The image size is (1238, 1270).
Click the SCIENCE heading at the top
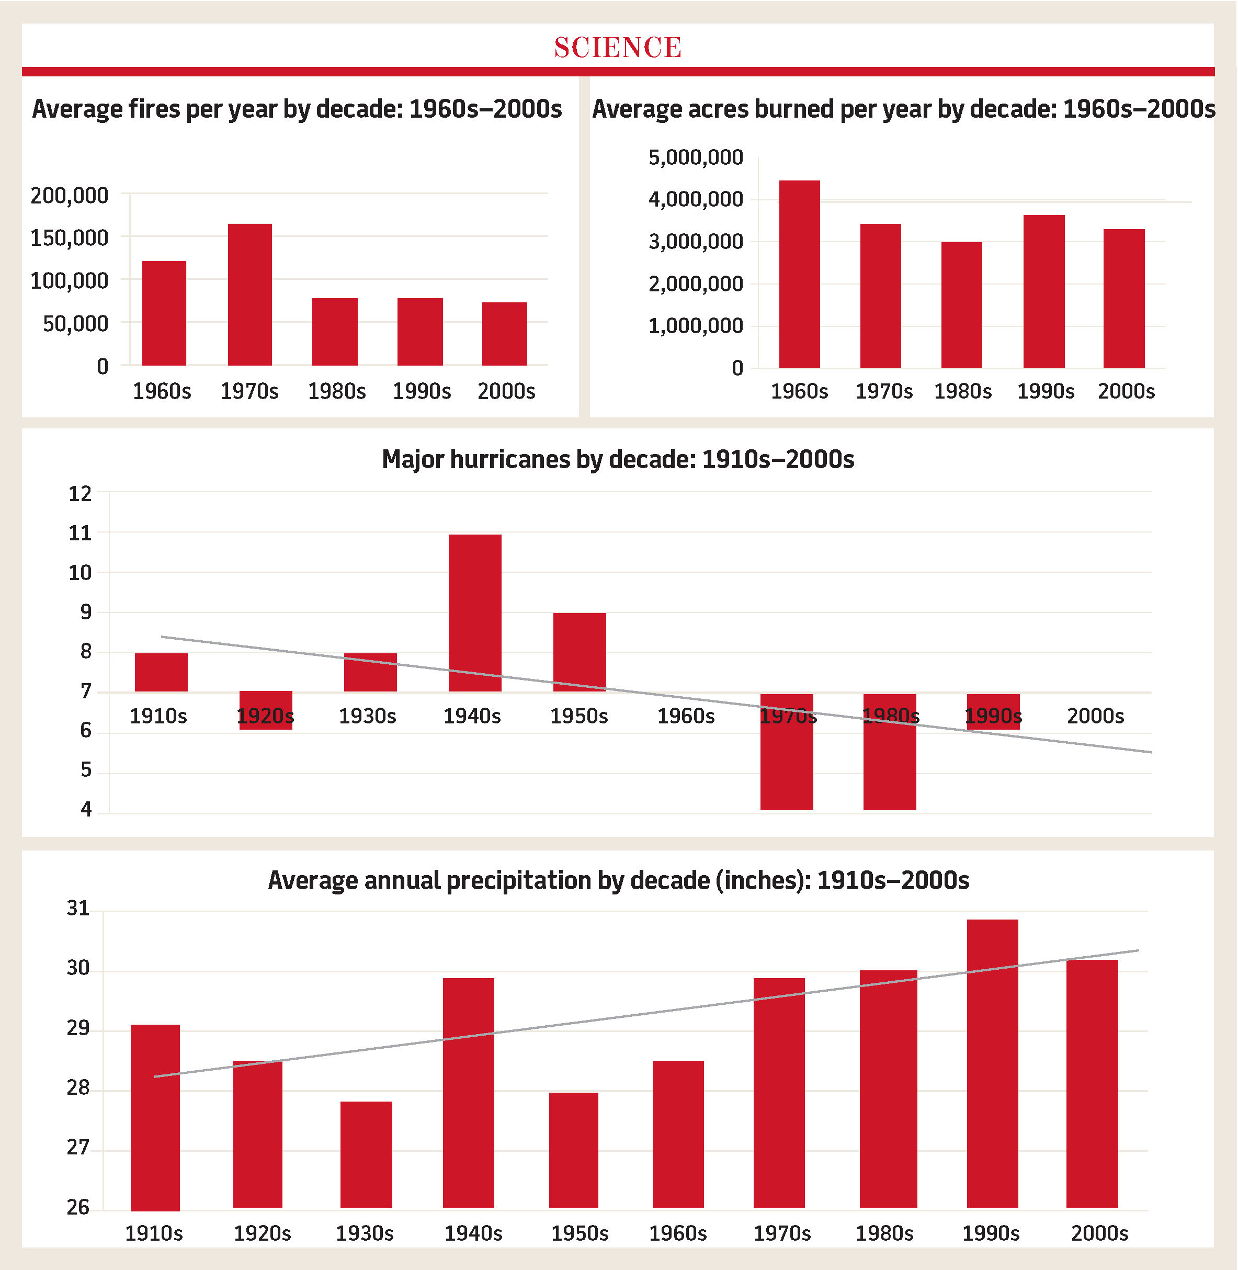pyautogui.click(x=618, y=47)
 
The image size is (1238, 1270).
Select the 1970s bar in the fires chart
pyautogui.click(x=249, y=294)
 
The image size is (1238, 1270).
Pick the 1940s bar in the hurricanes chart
pyautogui.click(x=475, y=613)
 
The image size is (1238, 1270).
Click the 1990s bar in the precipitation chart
pyautogui.click(x=992, y=1064)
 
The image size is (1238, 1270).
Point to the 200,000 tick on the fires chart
pyautogui.click(x=70, y=195)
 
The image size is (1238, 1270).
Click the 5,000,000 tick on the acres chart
pyautogui.click(x=695, y=157)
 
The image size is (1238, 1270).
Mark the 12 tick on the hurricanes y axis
pyautogui.click(x=80, y=494)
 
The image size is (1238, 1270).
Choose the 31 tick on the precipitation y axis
pyautogui.click(x=78, y=909)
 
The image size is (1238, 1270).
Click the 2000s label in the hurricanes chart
pyautogui.click(x=1095, y=716)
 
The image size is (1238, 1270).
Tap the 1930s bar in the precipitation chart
pyautogui.click(x=366, y=1155)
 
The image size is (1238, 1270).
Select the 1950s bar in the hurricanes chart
pyautogui.click(x=580, y=652)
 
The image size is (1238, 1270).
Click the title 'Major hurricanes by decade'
pyautogui.click(x=618, y=459)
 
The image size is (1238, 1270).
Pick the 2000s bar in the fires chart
pyautogui.click(x=505, y=334)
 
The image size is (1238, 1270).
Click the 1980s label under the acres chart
pyautogui.click(x=962, y=391)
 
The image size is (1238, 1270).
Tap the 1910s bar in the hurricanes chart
pyautogui.click(x=161, y=672)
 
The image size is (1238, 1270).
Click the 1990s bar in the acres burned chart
pyautogui.click(x=1043, y=291)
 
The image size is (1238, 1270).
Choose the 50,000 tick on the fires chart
pyautogui.click(x=75, y=323)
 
